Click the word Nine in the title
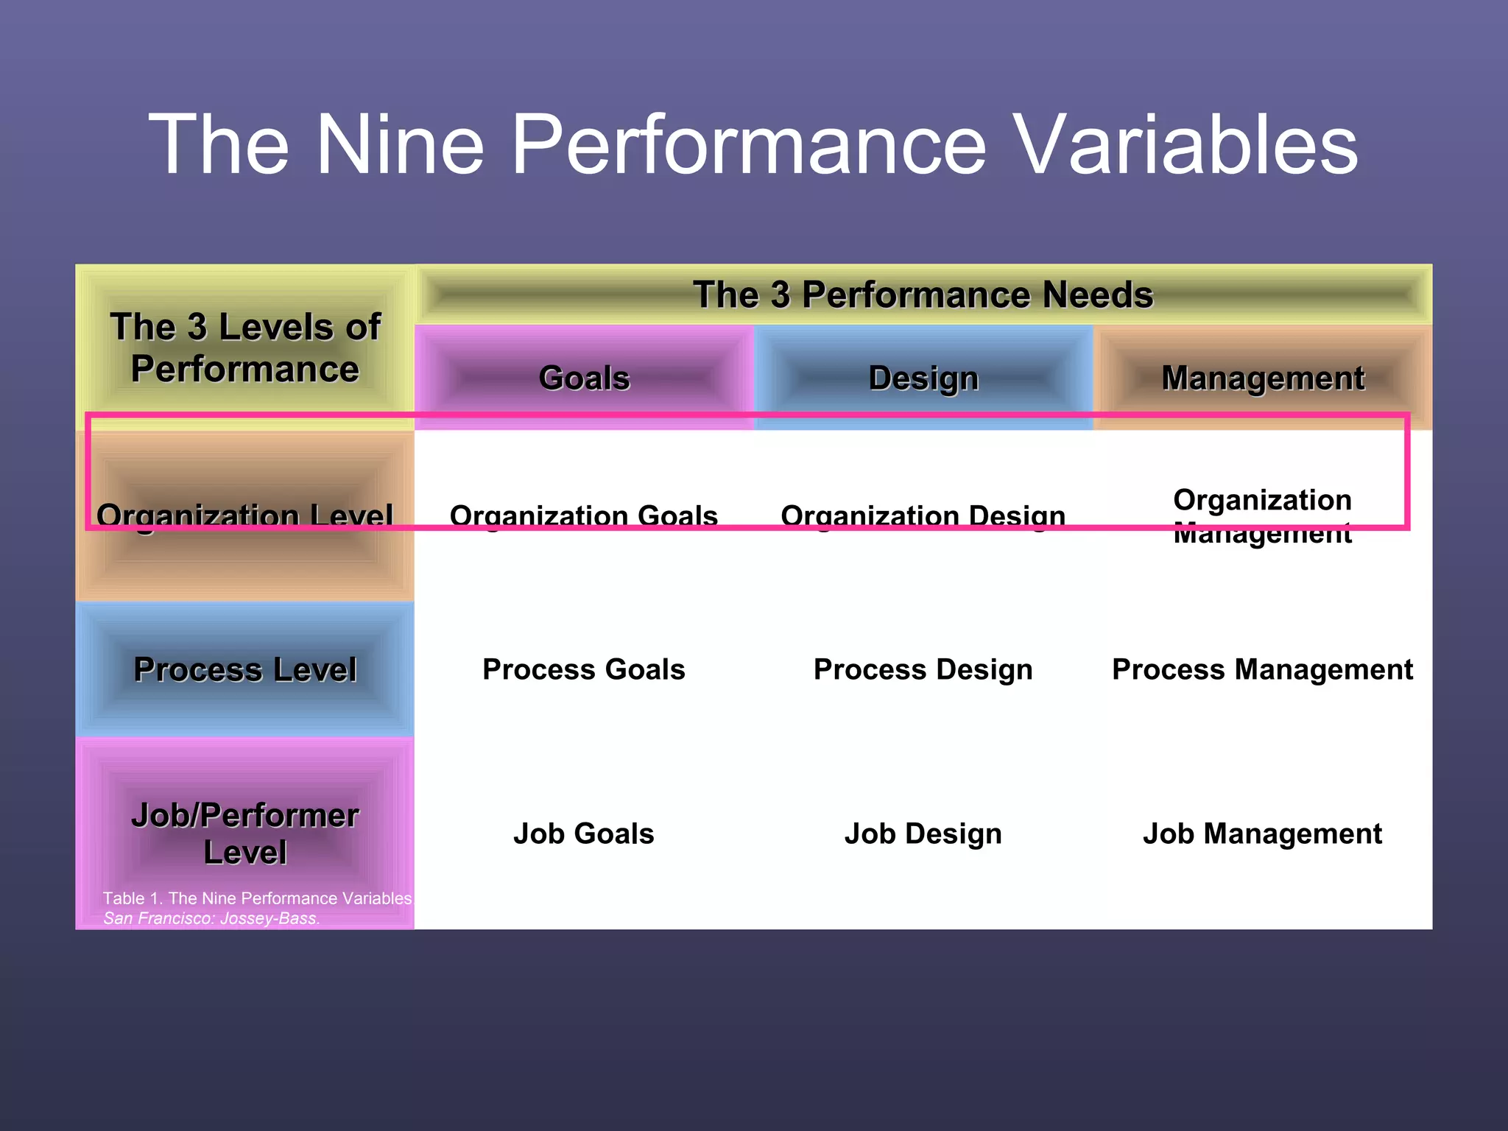click(x=400, y=145)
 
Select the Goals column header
click(x=584, y=378)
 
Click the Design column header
click(x=923, y=378)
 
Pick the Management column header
click(x=1262, y=378)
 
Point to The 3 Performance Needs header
click(x=923, y=295)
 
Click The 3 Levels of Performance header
click(x=244, y=348)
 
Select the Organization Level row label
click(x=244, y=515)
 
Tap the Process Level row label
click(x=244, y=669)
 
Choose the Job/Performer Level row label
click(x=244, y=834)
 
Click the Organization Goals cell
click(x=584, y=515)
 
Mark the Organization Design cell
click(x=923, y=515)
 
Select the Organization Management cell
click(x=1262, y=515)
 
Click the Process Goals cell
click(x=584, y=669)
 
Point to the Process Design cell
click(x=923, y=669)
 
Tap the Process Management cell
click(x=1262, y=669)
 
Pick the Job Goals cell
click(x=584, y=834)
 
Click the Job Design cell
click(x=923, y=834)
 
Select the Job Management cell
click(x=1262, y=834)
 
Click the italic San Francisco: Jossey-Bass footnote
click(x=211, y=918)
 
